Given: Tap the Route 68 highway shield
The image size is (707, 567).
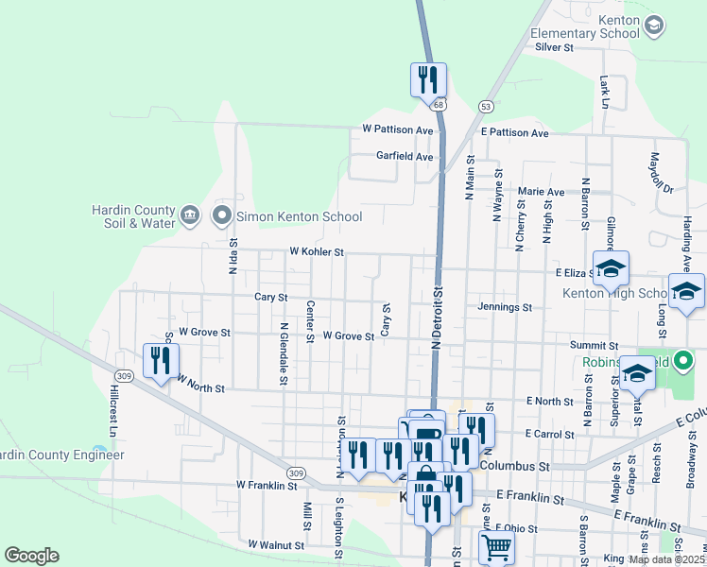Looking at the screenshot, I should (x=440, y=105).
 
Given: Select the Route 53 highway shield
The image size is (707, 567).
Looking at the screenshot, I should (x=485, y=106).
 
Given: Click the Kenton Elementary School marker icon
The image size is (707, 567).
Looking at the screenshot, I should (x=653, y=25).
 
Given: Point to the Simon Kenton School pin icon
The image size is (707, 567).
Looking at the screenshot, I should (x=223, y=216).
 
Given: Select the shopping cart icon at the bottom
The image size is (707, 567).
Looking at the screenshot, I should (x=496, y=547).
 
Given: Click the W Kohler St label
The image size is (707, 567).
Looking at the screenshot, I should (x=316, y=253).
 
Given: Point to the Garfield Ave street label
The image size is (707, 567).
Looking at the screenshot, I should (x=405, y=156).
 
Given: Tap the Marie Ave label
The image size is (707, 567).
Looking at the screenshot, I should (x=541, y=192).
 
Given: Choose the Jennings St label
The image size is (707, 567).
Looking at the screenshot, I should (x=506, y=307).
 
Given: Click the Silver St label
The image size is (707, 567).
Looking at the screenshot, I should (x=555, y=46).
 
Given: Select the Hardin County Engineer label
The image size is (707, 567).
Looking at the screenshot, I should (x=62, y=455).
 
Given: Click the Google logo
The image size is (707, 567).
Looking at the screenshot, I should (x=31, y=556).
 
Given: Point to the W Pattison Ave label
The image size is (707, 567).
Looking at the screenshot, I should (x=397, y=129).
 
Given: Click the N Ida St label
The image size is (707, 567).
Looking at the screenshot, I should (x=233, y=256).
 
